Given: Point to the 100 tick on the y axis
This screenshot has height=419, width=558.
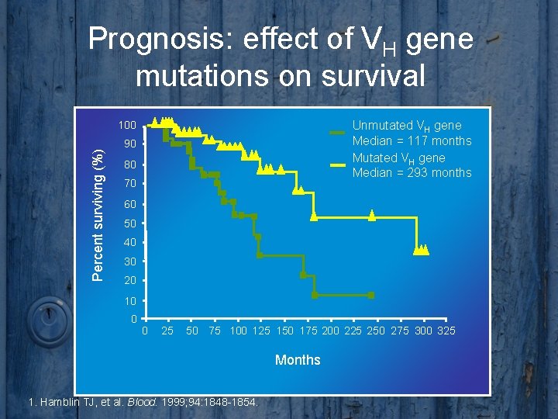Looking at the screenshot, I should click(x=127, y=125).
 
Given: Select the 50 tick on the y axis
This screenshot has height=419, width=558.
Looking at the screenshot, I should click(x=129, y=223).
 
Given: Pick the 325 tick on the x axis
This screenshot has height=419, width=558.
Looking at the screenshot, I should click(x=446, y=332).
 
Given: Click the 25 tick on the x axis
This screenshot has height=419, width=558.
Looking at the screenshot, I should click(x=167, y=332).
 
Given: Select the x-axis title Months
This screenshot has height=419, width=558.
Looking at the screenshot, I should click(x=298, y=359).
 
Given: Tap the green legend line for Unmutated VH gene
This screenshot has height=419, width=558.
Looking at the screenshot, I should click(x=337, y=133).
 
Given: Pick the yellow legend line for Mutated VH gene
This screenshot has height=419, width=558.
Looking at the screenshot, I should click(x=337, y=165).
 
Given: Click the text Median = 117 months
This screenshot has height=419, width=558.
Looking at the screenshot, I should click(x=412, y=140).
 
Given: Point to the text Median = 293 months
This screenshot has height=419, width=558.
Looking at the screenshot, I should click(x=412, y=173).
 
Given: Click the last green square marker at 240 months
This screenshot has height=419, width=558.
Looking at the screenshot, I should click(x=371, y=296).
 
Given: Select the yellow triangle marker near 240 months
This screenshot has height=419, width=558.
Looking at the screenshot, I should click(x=371, y=216).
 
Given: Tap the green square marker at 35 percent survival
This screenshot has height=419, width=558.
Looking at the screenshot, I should click(x=260, y=255).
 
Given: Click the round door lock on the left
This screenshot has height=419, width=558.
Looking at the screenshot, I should click(x=47, y=317).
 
